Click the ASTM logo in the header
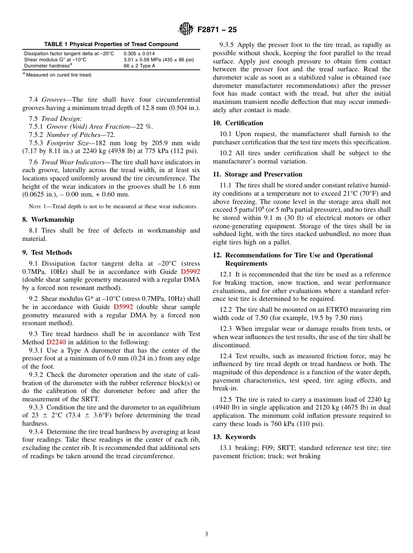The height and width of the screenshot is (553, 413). pos(186,29)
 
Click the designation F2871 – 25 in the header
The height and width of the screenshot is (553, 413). pos(217,30)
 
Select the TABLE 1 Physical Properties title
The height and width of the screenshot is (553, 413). pos(111,44)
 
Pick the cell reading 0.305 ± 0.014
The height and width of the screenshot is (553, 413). pos(139,53)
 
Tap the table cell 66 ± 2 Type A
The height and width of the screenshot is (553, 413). pos(139,66)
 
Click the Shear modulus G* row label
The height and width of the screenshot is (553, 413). pos(55,60)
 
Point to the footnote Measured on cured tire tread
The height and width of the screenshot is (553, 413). pos(59,75)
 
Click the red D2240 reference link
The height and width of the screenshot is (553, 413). pos(56,342)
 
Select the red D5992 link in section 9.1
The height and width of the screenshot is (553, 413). pos(190,272)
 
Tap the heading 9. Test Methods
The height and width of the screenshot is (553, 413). pos(47,253)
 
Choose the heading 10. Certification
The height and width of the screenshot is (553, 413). pos(238,123)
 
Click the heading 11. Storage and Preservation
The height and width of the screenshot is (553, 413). pos(257,174)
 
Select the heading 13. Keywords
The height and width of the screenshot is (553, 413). pos(234,437)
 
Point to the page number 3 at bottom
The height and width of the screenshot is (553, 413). pos(206,534)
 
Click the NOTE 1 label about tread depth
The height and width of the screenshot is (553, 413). pos(37,207)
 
